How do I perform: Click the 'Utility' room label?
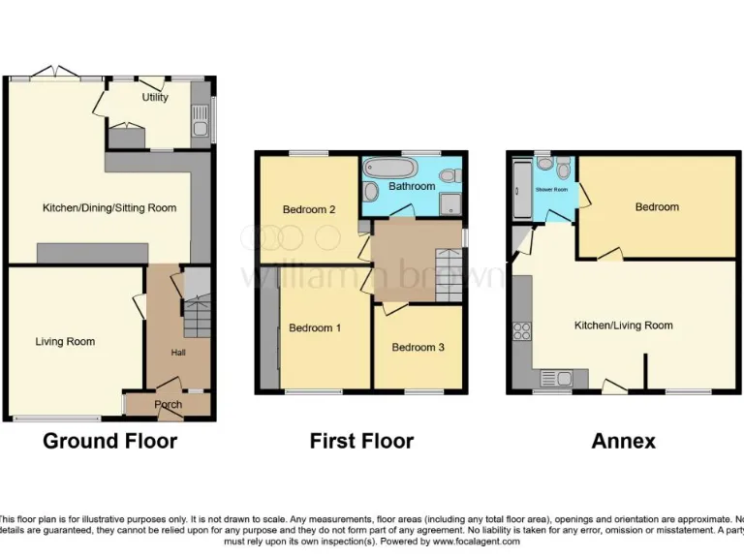155,97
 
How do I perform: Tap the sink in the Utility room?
200,127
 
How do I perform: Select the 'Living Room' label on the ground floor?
65,341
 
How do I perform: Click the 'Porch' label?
169,405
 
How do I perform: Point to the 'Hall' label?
178,353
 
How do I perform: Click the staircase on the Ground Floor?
197,316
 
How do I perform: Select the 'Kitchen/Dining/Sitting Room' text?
109,207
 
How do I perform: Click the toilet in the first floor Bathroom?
447,175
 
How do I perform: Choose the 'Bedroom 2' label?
309,209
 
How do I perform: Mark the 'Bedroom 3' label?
418,347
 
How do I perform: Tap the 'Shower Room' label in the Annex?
551,190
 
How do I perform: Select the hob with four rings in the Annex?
521,330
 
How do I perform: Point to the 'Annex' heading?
624,442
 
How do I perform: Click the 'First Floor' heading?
361,442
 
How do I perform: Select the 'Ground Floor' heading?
109,442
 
